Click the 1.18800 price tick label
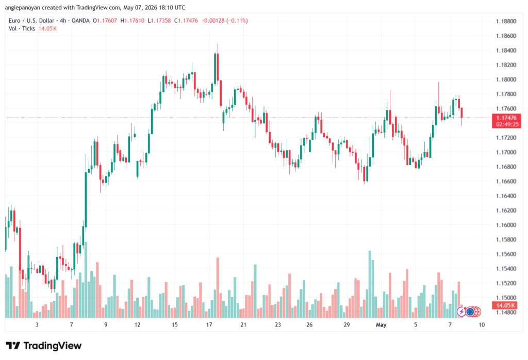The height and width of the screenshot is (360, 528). [x=506, y=21]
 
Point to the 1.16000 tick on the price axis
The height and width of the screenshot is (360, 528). [x=506, y=225]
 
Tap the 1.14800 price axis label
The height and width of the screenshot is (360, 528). [x=506, y=312]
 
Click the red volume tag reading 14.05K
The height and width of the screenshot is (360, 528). [x=505, y=305]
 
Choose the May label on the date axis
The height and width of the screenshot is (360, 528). [x=381, y=324]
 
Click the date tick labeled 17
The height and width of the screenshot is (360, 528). [x=209, y=324]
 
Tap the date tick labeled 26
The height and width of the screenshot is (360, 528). [x=309, y=324]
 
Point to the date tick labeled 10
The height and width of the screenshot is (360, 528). [x=482, y=324]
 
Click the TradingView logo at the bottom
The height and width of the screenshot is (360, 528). [x=44, y=346]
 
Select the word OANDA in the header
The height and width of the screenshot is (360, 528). [x=80, y=21]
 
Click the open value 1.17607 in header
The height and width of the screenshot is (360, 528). [x=107, y=21]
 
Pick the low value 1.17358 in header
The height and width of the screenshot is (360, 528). [x=161, y=21]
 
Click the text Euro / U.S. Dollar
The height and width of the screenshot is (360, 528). [x=31, y=21]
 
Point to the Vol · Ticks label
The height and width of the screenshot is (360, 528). [x=22, y=29]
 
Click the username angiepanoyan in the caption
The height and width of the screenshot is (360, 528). [x=22, y=7]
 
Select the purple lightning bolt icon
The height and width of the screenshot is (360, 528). [x=461, y=312]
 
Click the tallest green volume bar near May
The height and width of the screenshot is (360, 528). [x=370, y=284]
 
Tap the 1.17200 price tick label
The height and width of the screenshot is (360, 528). [x=506, y=138]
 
